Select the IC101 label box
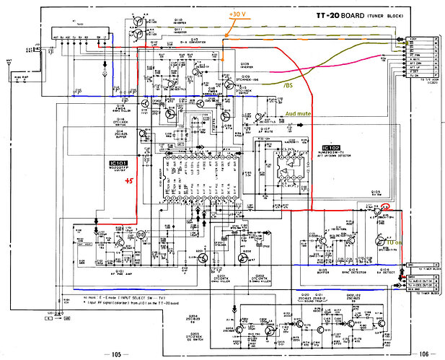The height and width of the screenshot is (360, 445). tap(113, 164)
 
